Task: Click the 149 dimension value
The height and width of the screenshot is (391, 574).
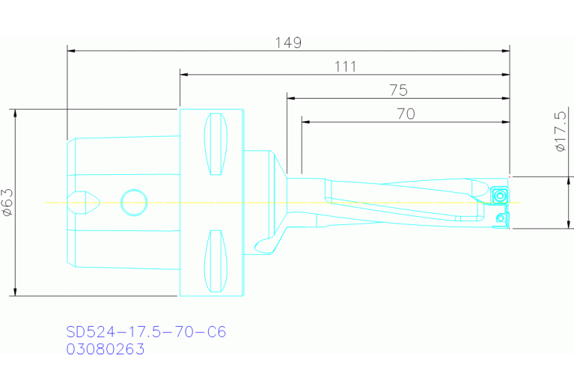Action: pos(287,43)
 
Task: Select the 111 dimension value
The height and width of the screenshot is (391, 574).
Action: pos(345,67)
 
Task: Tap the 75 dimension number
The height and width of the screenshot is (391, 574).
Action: pos(398,90)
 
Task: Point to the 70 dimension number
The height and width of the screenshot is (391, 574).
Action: pos(406,114)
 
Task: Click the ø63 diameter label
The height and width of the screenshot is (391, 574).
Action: pos(8,202)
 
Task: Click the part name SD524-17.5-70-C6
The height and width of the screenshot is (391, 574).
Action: pos(146,332)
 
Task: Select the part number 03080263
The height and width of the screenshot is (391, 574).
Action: pos(106,349)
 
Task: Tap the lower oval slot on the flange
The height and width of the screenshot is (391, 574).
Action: pos(216,262)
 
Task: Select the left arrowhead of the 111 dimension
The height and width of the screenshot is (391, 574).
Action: pos(184,75)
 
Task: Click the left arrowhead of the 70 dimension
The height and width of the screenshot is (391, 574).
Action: pos(305,121)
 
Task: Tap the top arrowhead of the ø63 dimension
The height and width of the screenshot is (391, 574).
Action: pos(15,113)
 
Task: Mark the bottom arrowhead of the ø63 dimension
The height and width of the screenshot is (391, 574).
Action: pos(15,292)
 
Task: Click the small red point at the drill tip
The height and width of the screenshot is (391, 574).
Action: pos(510,176)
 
